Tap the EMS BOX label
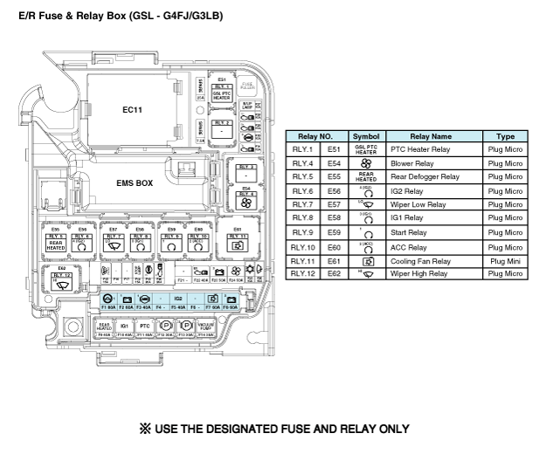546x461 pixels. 135,183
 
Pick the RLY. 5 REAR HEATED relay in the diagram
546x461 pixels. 56,244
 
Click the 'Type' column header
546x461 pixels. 506,136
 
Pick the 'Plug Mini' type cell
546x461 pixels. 506,260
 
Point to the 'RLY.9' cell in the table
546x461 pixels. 302,233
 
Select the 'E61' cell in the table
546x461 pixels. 334,260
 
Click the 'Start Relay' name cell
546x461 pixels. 406,233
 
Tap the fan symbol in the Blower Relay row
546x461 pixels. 366,163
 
